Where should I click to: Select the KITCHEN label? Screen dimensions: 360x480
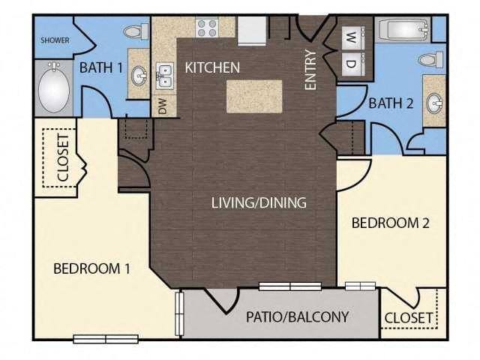212,67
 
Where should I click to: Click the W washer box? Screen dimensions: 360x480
350,36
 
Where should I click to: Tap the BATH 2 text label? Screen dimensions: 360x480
391,103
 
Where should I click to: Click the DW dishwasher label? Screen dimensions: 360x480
163,106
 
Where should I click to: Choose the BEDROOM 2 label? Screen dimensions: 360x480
389,223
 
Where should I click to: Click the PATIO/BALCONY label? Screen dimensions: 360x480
297,316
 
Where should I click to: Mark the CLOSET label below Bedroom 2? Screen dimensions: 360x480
409,318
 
